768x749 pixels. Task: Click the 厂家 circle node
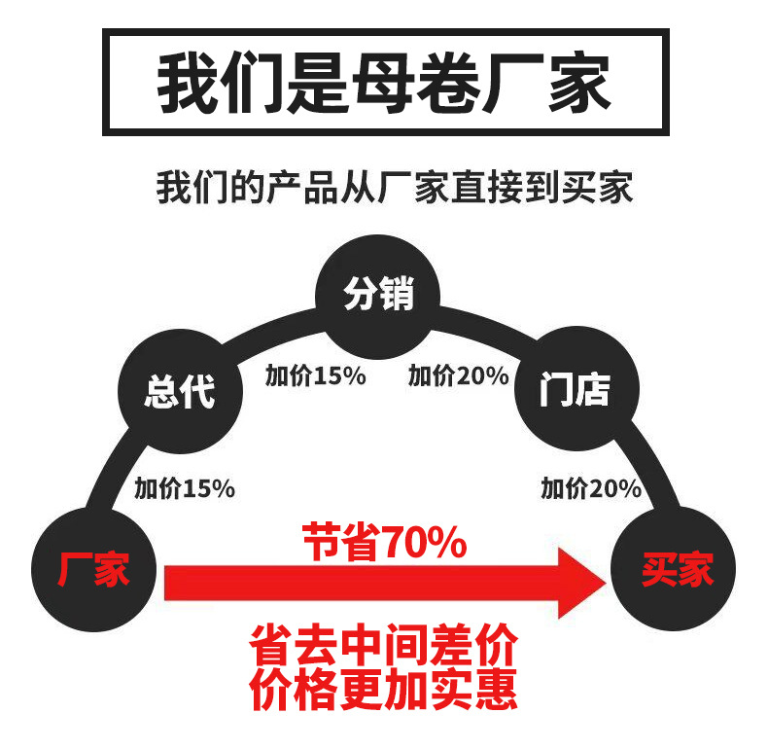point(93,569)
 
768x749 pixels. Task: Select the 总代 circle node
point(179,391)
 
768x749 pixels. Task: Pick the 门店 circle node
point(576,391)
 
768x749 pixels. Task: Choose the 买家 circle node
point(673,569)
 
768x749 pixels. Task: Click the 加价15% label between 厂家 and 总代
point(184,489)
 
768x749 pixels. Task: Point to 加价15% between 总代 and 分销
point(315,375)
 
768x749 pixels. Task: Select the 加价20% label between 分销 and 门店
point(458,375)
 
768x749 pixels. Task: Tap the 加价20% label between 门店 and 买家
point(591,489)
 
